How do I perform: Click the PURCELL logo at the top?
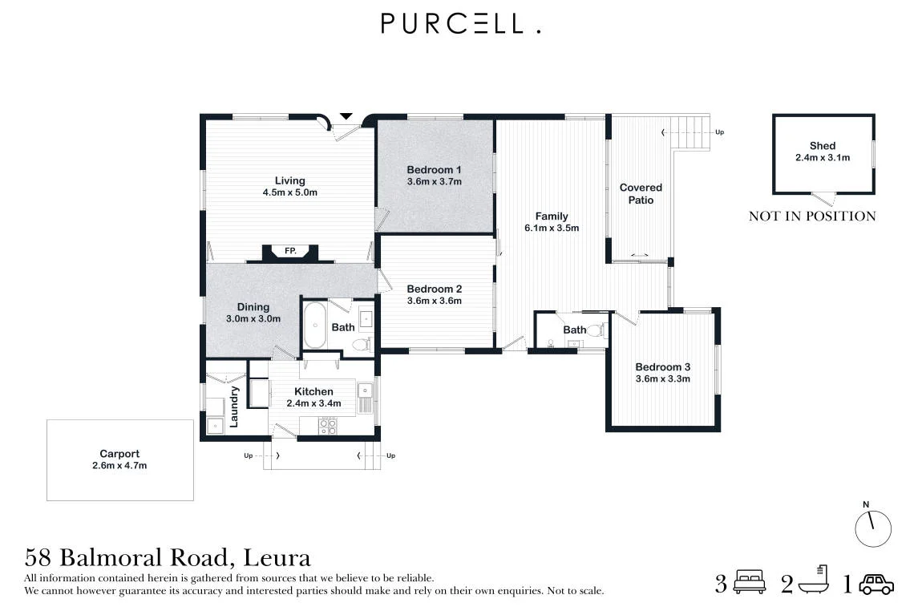click(x=460, y=23)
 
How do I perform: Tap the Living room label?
click(x=290, y=180)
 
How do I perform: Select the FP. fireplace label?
click(x=290, y=251)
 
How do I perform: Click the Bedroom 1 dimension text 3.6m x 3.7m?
click(x=434, y=182)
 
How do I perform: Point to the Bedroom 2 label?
click(x=434, y=289)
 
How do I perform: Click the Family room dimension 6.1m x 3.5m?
click(x=552, y=229)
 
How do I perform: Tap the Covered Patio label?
click(x=641, y=193)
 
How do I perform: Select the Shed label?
click(x=822, y=145)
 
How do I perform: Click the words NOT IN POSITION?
click(x=812, y=216)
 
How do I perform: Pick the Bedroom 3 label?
click(x=663, y=366)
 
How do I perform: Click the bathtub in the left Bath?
click(x=315, y=326)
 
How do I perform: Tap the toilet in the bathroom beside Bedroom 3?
click(x=595, y=330)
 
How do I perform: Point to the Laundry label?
click(x=233, y=407)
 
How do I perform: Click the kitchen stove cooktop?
click(x=328, y=427)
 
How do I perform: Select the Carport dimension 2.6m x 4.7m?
click(x=119, y=466)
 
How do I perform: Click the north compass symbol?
click(x=873, y=528)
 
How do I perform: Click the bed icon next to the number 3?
click(x=749, y=581)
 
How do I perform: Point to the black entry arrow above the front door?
click(x=346, y=116)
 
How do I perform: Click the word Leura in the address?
click(x=277, y=557)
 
